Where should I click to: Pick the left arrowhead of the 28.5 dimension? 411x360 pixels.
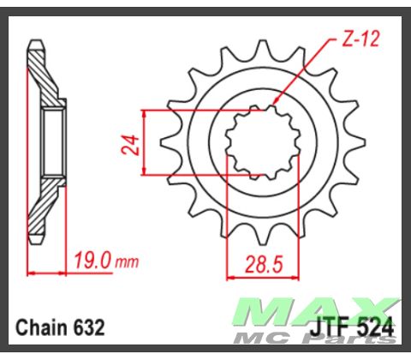pos(229,277)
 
